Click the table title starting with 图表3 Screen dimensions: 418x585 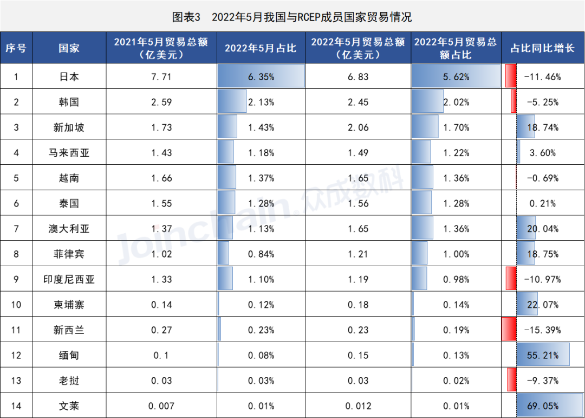[x=292, y=17]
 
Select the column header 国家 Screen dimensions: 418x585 [x=69, y=48]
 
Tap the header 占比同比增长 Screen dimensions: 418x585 [x=542, y=48]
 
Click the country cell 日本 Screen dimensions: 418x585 [x=69, y=77]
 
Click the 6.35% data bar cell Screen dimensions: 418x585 [x=261, y=77]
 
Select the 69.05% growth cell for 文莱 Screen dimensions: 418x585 [x=542, y=406]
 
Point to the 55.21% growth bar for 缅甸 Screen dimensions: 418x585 [x=542, y=355]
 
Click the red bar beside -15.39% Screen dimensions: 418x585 [x=508, y=330]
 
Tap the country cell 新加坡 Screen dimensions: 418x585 [x=69, y=127]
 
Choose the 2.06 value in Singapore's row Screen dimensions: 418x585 [x=359, y=127]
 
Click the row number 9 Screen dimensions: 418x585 [x=16, y=279]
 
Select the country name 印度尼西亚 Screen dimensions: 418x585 [x=69, y=279]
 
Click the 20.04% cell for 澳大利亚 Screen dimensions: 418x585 [x=542, y=229]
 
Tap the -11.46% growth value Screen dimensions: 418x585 [x=542, y=77]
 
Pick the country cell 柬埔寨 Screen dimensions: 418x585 [x=69, y=305]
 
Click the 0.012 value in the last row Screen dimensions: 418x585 [x=359, y=406]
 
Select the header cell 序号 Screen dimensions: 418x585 [x=16, y=48]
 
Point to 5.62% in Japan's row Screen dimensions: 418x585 [x=456, y=77]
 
